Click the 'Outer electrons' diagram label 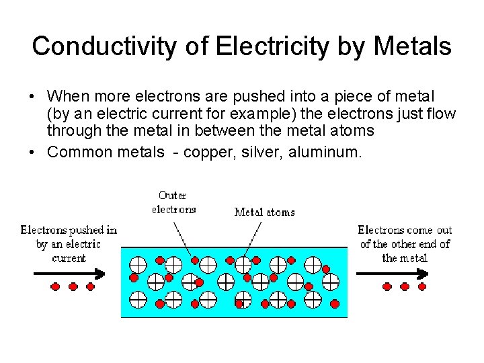click(x=173, y=202)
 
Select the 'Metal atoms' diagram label click(x=264, y=212)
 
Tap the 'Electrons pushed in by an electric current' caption click(x=69, y=243)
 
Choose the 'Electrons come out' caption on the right click(x=405, y=243)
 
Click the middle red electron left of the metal click(x=73, y=287)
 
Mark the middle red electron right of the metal click(x=405, y=287)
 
